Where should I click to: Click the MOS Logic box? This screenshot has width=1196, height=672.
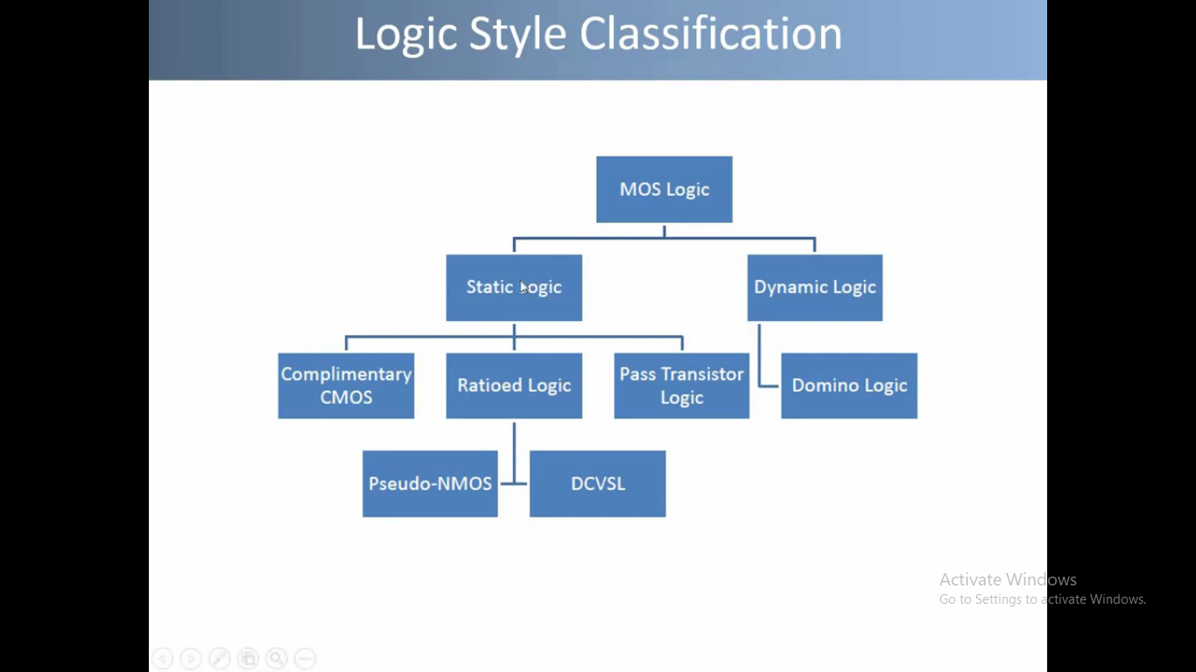tap(664, 189)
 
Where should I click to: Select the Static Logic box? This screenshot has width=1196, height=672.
tap(514, 287)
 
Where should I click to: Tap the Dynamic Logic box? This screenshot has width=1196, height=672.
tap(814, 287)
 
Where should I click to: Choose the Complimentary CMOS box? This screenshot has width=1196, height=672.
tap(346, 385)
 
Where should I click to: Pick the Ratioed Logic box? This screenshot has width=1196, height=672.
tap(514, 385)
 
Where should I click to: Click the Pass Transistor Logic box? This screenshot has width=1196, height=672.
tap(681, 385)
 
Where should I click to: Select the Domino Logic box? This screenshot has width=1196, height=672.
tap(848, 385)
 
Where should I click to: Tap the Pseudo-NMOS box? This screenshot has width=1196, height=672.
tap(430, 483)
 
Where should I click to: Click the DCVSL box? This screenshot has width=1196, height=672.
tap(597, 483)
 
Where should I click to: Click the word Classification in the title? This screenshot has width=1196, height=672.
tap(710, 35)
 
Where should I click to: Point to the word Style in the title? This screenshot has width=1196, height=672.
tap(518, 35)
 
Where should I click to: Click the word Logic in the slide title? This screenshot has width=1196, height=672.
tap(406, 35)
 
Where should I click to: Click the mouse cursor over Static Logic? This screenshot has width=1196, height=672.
tap(524, 288)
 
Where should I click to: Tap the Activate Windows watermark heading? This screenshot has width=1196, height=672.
tap(1008, 579)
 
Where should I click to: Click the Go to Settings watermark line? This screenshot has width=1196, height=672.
tap(1042, 599)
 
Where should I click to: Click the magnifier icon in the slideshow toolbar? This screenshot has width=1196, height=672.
tap(277, 659)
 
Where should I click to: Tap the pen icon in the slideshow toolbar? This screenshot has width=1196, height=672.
tap(219, 659)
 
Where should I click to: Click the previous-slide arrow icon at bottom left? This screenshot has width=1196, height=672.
tap(162, 659)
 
